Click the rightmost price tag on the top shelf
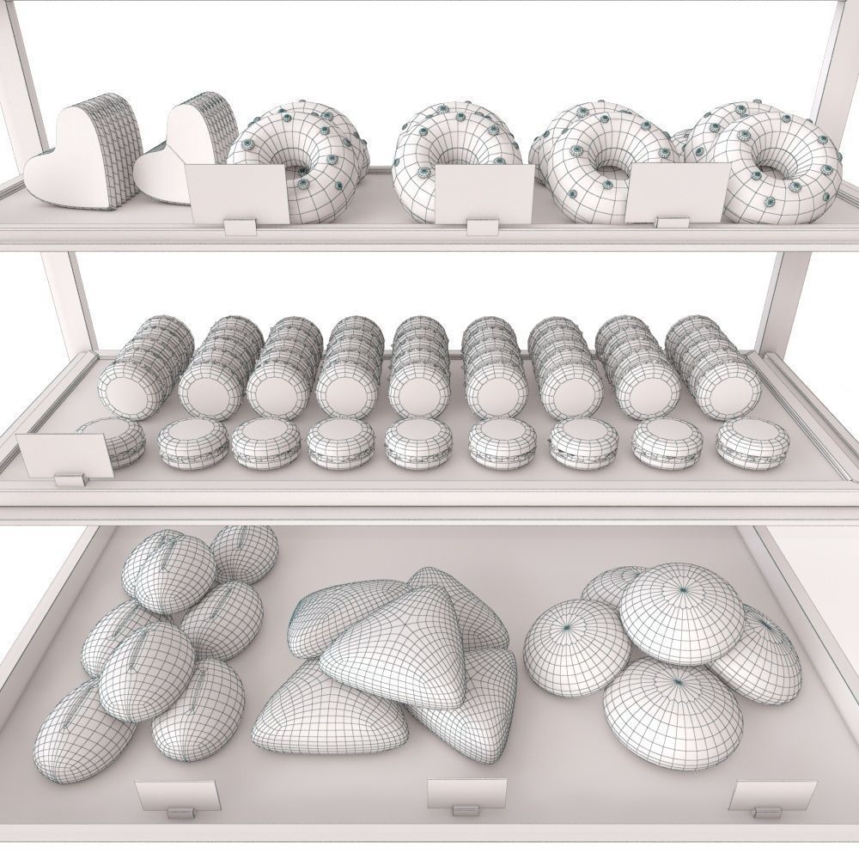(677, 191)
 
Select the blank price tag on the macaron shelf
(65, 455)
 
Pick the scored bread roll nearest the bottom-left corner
(77, 730)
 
